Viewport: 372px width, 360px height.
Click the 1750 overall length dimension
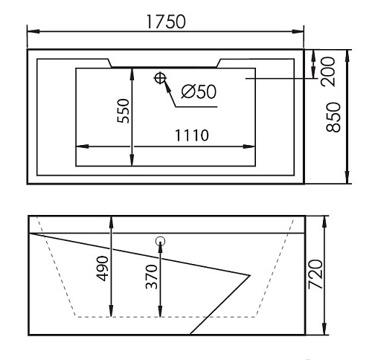[x=166, y=22]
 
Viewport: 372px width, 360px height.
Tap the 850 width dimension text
[x=333, y=118]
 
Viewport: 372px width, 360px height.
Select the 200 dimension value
[x=328, y=71]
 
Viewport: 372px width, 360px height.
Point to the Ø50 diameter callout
[x=199, y=91]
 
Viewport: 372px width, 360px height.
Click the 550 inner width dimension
[x=124, y=111]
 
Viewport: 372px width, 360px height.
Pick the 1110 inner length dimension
[x=192, y=135]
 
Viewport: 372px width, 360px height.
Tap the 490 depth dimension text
[x=102, y=269]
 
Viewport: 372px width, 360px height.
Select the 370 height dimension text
[x=151, y=277]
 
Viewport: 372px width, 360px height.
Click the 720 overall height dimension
[x=315, y=274]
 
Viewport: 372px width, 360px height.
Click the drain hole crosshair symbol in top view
[x=160, y=78]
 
